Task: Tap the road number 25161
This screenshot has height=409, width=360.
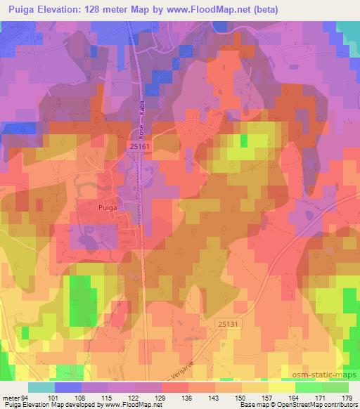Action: [x=139, y=145]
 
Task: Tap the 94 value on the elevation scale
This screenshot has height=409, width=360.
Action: [x=27, y=397]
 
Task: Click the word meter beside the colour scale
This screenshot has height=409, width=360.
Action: [x=11, y=397]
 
